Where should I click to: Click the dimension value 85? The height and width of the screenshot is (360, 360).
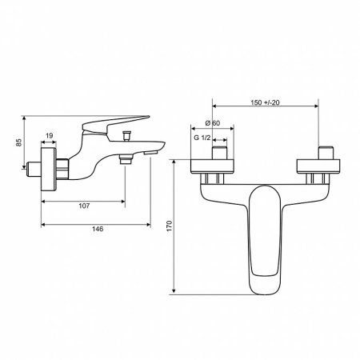18,142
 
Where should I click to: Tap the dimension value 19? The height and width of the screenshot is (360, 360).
49,135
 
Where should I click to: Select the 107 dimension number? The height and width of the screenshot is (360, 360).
84,206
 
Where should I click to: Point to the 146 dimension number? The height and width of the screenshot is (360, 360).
98,229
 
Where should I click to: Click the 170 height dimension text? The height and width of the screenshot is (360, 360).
170,226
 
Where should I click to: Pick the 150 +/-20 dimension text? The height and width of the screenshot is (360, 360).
265,102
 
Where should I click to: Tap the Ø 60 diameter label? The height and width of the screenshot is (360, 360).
213,123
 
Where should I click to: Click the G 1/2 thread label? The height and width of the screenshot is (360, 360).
202,138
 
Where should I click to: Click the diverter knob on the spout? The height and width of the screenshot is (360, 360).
126,135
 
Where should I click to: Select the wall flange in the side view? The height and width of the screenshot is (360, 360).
49,170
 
